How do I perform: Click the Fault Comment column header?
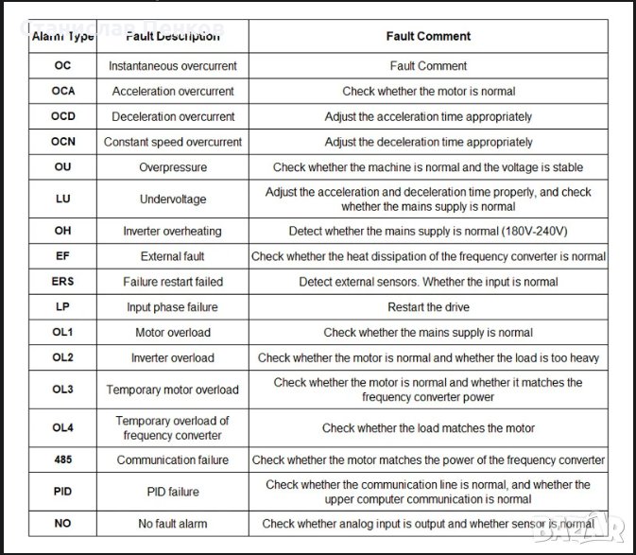click(x=428, y=36)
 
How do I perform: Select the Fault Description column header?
click(x=173, y=36)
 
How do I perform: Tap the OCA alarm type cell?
click(x=62, y=92)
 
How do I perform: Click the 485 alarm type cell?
click(x=62, y=460)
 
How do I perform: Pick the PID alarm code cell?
click(x=62, y=492)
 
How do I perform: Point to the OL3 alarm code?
click(x=62, y=390)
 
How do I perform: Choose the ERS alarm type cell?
click(x=62, y=282)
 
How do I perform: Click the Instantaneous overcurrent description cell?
click(x=173, y=66)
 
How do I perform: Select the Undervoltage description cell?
click(x=173, y=199)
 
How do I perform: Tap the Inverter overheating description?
click(x=173, y=231)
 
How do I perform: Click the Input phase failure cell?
click(x=173, y=307)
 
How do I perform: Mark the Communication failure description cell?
click(x=173, y=460)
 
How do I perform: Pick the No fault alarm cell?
click(x=173, y=523)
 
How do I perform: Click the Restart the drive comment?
click(x=428, y=307)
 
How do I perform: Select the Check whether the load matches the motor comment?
click(x=428, y=428)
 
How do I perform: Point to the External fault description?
click(x=173, y=256)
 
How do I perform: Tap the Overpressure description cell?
click(x=173, y=167)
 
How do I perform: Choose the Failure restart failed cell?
click(x=173, y=282)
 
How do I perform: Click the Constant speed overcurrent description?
click(x=173, y=142)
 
